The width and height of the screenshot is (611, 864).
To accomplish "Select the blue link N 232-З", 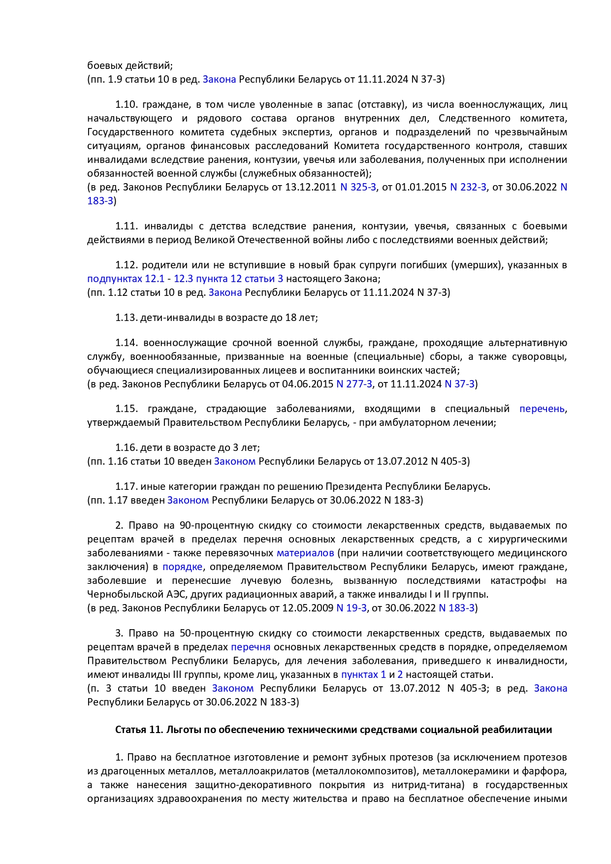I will (x=468, y=187).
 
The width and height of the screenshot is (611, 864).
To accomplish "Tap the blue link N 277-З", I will (x=354, y=384).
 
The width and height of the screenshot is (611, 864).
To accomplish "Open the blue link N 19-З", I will (x=351, y=608).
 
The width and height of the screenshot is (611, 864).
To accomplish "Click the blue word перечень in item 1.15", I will (x=542, y=409).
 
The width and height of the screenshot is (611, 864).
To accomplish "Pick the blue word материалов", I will (x=305, y=553).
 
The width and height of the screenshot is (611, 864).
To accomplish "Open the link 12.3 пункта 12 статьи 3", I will (x=228, y=279).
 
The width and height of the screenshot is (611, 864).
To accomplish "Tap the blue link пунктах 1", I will (x=363, y=674).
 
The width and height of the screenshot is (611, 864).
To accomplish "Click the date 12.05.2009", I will (x=308, y=608).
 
